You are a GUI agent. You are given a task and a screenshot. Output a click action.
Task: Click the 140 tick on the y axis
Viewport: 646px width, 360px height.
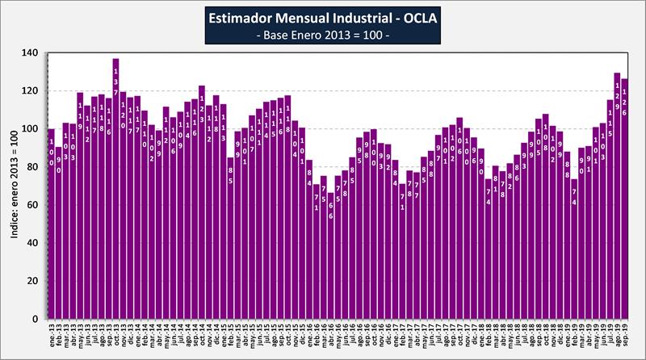pyautogui.click(x=30, y=52)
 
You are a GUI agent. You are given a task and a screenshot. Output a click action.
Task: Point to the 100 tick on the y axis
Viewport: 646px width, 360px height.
pyautogui.click(x=30, y=129)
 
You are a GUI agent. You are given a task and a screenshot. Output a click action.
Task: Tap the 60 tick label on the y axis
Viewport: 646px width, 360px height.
pyautogui.click(x=32, y=205)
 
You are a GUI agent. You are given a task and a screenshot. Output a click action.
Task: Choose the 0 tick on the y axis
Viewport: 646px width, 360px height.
pyautogui.click(x=35, y=319)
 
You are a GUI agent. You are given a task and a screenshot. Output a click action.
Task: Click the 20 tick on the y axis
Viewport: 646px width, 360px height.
pyautogui.click(x=32, y=281)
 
